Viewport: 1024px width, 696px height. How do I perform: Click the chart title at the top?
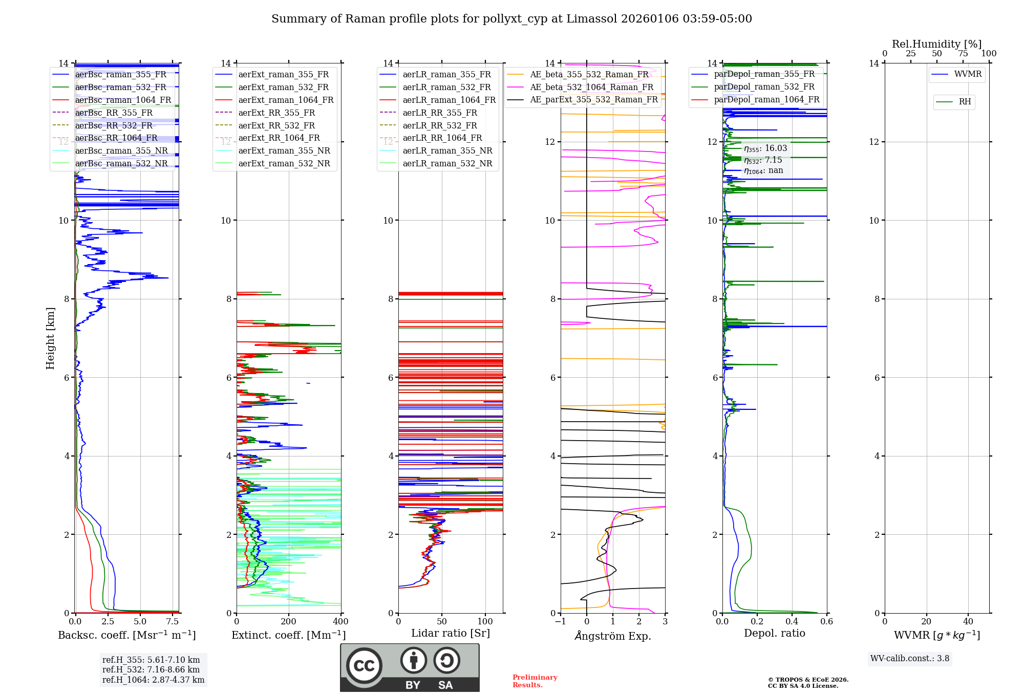(x=511, y=19)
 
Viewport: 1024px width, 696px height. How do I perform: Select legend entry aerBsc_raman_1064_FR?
(x=123, y=100)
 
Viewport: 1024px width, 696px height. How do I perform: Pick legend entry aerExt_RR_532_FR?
(x=276, y=125)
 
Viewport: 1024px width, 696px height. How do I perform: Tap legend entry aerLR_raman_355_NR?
(x=447, y=150)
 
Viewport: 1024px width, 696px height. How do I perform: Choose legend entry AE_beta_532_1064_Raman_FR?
(x=591, y=87)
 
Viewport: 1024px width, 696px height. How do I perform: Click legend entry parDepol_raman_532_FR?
(x=764, y=86)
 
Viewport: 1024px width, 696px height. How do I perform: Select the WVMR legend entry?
(x=968, y=74)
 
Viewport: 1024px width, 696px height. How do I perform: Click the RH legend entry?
(x=965, y=102)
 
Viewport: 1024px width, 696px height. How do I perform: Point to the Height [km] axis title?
(x=50, y=338)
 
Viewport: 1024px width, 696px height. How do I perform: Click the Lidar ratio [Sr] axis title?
(x=451, y=633)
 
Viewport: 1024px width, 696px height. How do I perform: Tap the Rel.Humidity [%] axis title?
(x=936, y=44)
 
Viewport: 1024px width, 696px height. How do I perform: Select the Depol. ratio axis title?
(x=774, y=633)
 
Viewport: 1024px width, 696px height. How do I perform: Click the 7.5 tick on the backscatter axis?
(x=173, y=622)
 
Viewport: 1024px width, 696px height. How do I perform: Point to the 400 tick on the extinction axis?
(x=340, y=622)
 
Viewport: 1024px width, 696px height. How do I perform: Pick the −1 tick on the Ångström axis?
(x=561, y=622)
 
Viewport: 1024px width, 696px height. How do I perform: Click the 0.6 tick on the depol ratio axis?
(x=826, y=622)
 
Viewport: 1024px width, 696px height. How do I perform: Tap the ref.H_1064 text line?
(x=153, y=680)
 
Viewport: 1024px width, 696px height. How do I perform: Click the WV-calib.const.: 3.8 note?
(x=910, y=659)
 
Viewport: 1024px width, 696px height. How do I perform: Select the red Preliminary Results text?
(x=535, y=681)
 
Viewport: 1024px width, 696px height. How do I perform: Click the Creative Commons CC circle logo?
(x=364, y=665)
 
